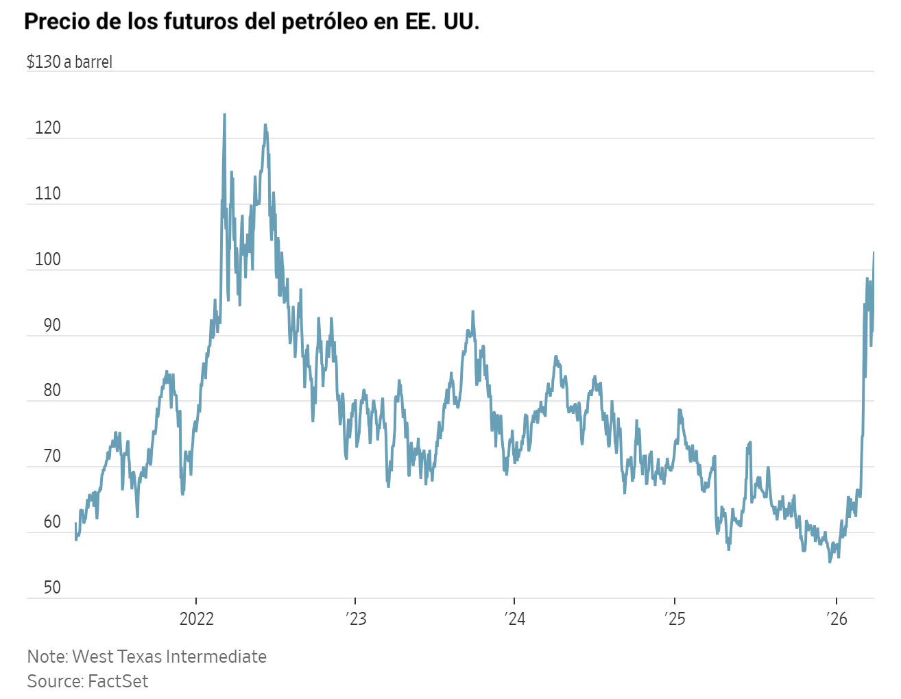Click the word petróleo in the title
pyautogui.click(x=324, y=21)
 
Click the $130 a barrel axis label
pyautogui.click(x=69, y=62)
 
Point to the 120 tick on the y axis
pyautogui.click(x=47, y=128)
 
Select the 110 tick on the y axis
pyautogui.click(x=47, y=194)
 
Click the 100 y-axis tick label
pyautogui.click(x=47, y=260)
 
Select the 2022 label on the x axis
pyautogui.click(x=196, y=620)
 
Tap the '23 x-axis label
pyautogui.click(x=357, y=620)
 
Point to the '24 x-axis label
pyautogui.click(x=515, y=620)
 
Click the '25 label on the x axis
pyautogui.click(x=675, y=620)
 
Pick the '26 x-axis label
pyautogui.click(x=837, y=620)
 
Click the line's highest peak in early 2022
pyautogui.click(x=224, y=114)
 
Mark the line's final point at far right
pyautogui.click(x=874, y=252)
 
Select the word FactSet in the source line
pyautogui.click(x=118, y=681)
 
